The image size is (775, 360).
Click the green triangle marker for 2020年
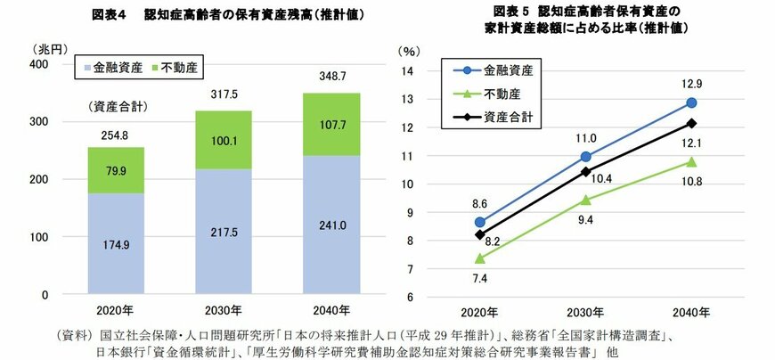coord(480,258)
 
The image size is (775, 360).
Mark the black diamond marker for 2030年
coord(585,171)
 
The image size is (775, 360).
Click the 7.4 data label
coord(480,278)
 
